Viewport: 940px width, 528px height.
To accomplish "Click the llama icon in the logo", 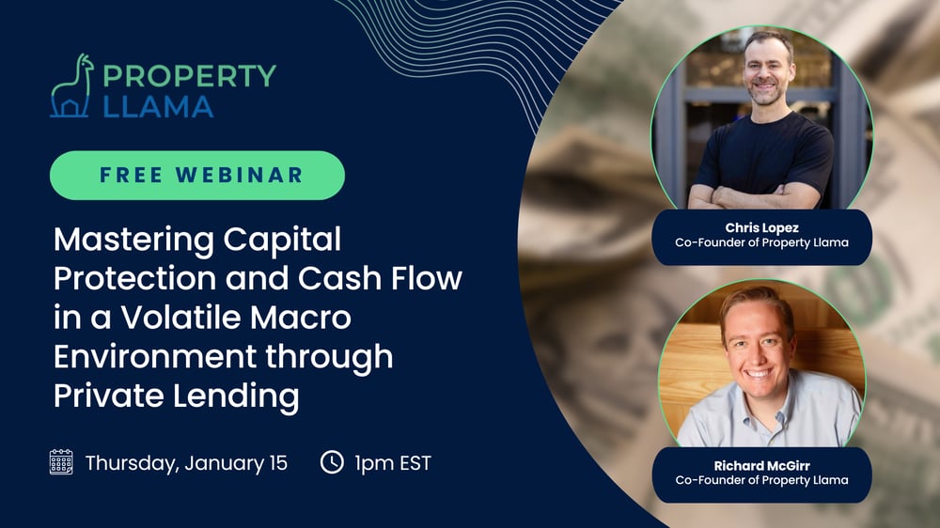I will click(71, 86).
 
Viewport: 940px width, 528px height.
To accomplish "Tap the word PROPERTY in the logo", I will click(190, 75).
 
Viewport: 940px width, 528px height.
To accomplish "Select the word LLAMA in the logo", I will click(158, 106).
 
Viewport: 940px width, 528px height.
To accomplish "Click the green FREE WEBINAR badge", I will click(196, 175).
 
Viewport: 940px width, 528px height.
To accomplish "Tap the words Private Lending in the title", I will click(176, 396).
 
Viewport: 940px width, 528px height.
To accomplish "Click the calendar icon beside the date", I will click(61, 462).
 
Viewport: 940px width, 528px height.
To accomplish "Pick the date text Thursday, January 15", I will click(186, 462).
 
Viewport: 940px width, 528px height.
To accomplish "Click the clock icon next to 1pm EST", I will click(331, 462).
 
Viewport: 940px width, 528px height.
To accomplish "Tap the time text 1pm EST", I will click(393, 462).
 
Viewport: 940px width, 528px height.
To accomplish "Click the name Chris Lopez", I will click(761, 227).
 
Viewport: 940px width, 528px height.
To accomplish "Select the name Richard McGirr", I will click(761, 465).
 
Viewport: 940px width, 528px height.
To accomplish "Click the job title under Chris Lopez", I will click(761, 242).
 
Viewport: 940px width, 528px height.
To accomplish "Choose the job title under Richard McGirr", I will click(761, 480).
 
